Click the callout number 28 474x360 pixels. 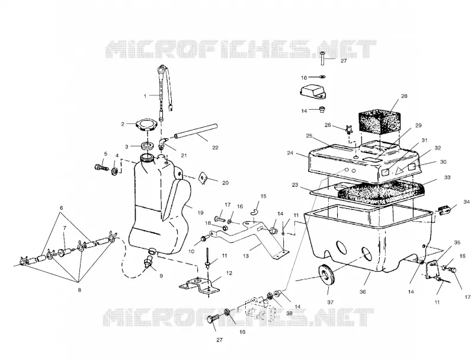404,96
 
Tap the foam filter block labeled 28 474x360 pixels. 379,123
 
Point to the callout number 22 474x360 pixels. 215,148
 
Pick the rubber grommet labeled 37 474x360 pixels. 325,276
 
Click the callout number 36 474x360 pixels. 363,292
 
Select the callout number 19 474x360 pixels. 200,213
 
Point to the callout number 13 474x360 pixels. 246,256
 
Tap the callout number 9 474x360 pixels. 161,276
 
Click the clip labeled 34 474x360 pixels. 444,211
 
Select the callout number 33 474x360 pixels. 447,178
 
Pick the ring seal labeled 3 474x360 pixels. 148,146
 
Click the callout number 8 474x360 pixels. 79,290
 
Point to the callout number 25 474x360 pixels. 309,136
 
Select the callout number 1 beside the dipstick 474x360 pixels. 145,96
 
